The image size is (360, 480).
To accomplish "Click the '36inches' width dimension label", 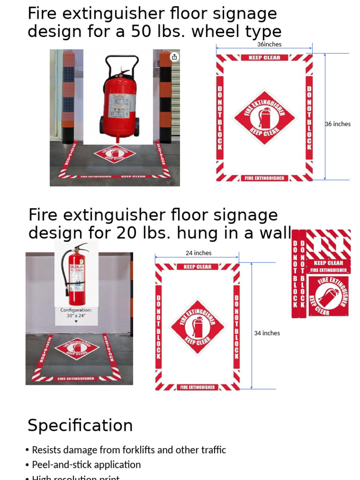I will tap(269, 45).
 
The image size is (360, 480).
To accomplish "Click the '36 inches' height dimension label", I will tap(338, 124).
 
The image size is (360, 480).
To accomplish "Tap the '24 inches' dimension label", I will tap(198, 253).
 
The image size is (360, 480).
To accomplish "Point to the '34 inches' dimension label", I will tap(267, 333).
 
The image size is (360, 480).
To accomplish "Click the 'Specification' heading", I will tap(80, 426).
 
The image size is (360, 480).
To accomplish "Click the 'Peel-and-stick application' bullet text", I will tap(86, 465).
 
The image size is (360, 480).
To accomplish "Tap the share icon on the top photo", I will tap(174, 57).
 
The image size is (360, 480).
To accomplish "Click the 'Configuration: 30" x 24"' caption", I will tap(76, 313).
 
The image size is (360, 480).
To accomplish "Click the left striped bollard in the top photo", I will tap(68, 96).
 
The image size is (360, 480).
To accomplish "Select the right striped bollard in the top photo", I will tap(165, 96).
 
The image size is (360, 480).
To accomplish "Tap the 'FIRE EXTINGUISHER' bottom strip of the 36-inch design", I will tap(264, 178).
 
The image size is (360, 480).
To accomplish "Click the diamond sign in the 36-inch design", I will tap(264, 117).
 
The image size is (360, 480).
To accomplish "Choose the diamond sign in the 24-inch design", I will tap(197, 327).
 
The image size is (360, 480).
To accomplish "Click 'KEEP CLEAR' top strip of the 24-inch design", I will tap(197, 267).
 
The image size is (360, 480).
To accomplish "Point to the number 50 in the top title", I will tap(156, 32).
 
